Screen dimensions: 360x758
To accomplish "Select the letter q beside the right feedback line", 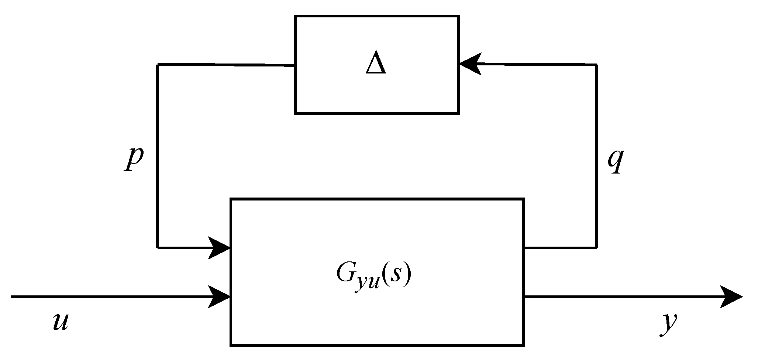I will point(615,161).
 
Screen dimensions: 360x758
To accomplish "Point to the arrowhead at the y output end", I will point(731,296).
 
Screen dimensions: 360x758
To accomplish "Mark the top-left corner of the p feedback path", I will point(158,65).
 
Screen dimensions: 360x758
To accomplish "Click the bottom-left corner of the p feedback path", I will point(158,247).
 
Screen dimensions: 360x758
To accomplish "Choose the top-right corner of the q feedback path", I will point(596,65).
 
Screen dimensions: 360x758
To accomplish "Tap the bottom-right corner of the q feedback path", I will point(596,247).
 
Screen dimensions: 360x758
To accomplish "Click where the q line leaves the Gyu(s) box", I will point(524,247).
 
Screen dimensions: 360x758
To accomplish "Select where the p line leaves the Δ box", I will point(294,66).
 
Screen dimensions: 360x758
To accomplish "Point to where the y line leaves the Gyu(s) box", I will point(524,296).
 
